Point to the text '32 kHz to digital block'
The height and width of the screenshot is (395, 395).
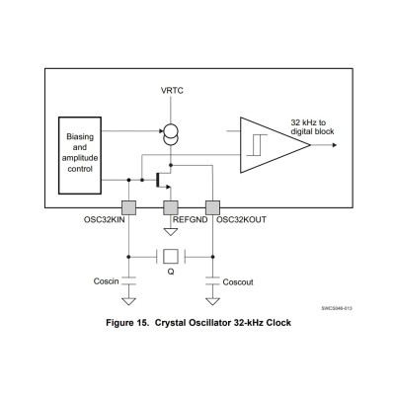317,125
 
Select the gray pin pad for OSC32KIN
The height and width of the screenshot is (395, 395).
127,207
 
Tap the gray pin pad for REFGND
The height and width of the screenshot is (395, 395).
169,207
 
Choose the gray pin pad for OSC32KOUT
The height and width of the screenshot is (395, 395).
211,207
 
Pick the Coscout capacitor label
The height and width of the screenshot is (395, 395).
238,281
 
